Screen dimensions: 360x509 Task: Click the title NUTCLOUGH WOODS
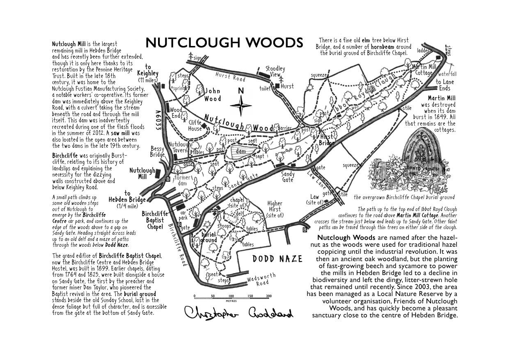pos(224,43)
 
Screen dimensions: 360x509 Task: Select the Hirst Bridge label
pos(327,140)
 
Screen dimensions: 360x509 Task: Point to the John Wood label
pos(213,95)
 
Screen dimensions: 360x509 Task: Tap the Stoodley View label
pos(275,71)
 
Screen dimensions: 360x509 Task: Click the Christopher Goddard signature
pos(238,314)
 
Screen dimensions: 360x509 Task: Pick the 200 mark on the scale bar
pos(268,296)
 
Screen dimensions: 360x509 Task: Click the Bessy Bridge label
pos(157,151)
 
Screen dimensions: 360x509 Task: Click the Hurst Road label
pos(230,76)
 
